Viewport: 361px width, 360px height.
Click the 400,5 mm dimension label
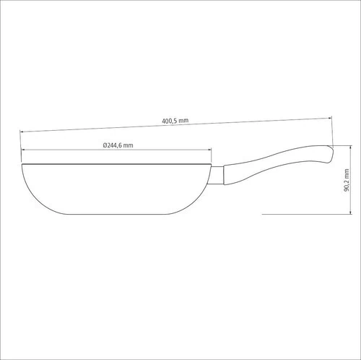point(175,121)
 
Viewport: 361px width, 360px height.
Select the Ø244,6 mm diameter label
point(118,145)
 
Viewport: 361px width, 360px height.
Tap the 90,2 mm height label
point(347,180)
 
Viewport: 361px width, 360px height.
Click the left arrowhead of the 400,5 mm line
point(22,132)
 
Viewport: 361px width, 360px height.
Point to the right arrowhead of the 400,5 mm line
point(330,118)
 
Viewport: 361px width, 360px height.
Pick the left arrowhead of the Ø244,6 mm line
point(23,150)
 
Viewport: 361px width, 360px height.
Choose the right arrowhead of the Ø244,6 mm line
point(209,150)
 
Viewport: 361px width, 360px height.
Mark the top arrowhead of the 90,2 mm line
point(351,147)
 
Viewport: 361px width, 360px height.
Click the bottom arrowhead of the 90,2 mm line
point(351,212)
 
